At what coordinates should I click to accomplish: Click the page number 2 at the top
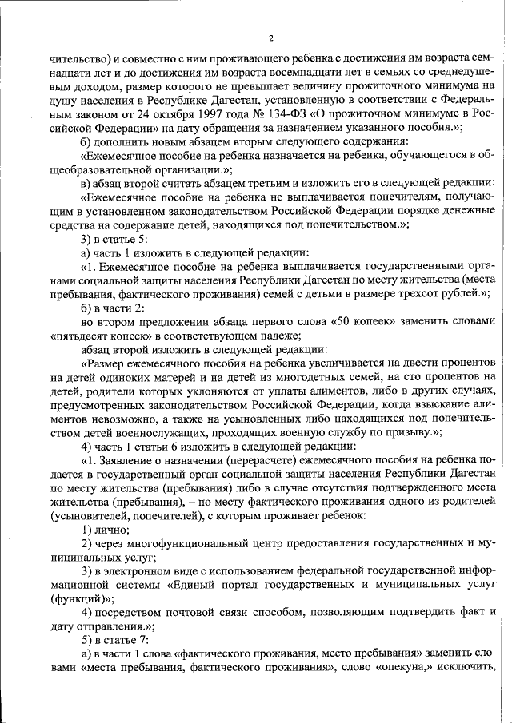click(x=271, y=38)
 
